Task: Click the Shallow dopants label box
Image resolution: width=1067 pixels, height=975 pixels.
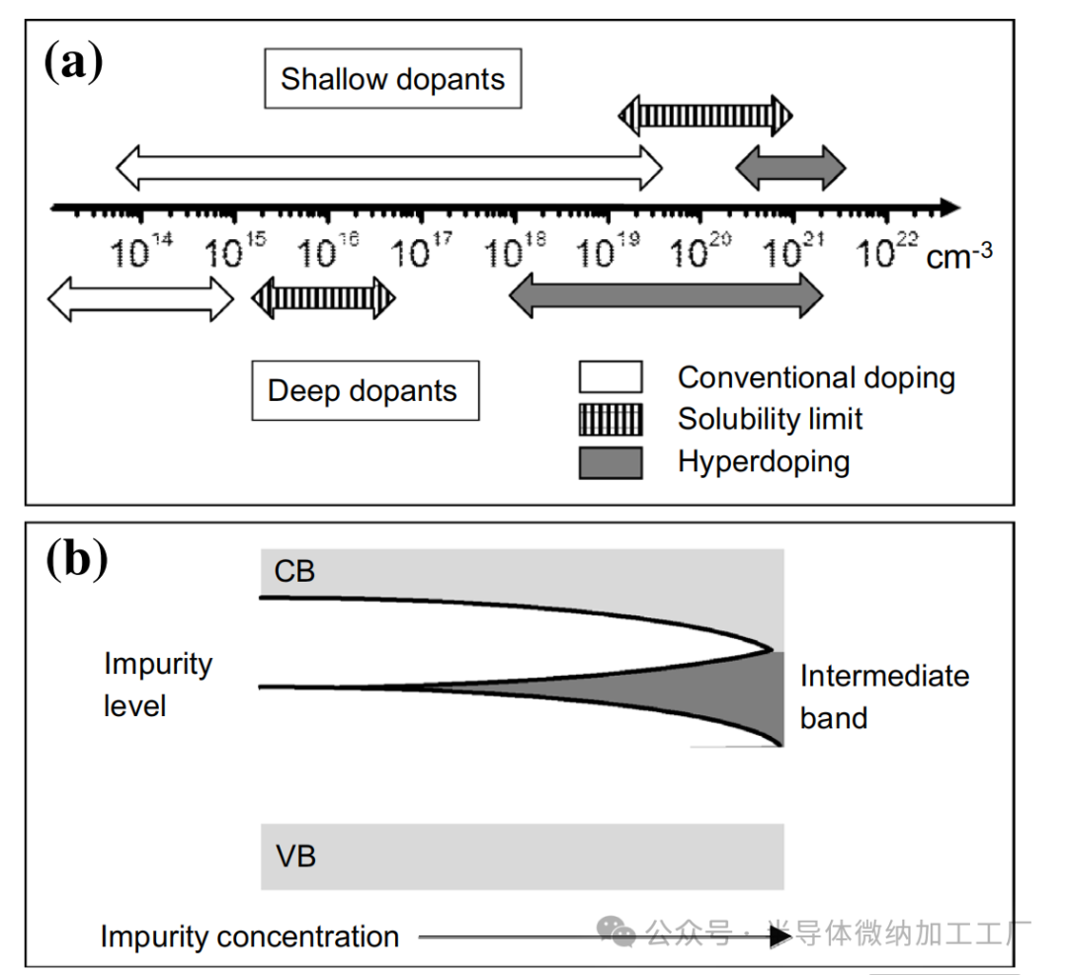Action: tap(392, 79)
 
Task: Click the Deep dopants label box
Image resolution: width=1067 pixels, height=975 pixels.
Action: tap(364, 390)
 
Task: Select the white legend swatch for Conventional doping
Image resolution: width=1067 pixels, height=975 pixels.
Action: tap(611, 377)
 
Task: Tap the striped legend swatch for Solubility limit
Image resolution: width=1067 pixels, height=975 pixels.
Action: tap(611, 419)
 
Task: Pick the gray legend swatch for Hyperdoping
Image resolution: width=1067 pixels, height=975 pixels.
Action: tap(611, 461)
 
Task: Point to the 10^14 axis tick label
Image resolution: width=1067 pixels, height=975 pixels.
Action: tap(142, 252)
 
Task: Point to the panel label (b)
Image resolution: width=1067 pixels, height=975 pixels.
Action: tap(76, 560)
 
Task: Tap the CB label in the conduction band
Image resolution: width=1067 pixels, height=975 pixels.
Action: tap(294, 571)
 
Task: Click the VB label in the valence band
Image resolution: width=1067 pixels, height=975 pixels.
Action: tap(295, 854)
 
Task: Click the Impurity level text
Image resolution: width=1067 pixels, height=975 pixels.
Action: tap(157, 685)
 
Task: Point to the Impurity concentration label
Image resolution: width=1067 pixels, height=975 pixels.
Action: tap(250, 935)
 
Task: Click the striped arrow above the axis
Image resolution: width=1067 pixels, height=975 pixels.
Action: tap(705, 116)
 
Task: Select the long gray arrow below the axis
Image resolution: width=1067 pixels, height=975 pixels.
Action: tap(666, 294)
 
